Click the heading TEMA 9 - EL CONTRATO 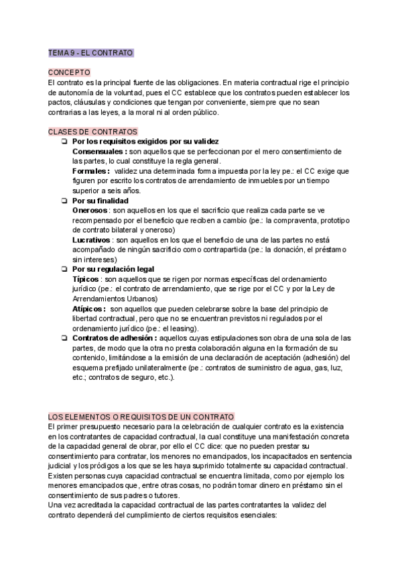[x=91, y=52]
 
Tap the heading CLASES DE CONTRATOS [x=93, y=132]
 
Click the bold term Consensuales [x=98, y=152]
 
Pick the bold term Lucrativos [x=92, y=240]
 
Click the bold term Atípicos [x=88, y=309]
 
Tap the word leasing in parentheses [x=184, y=328]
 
